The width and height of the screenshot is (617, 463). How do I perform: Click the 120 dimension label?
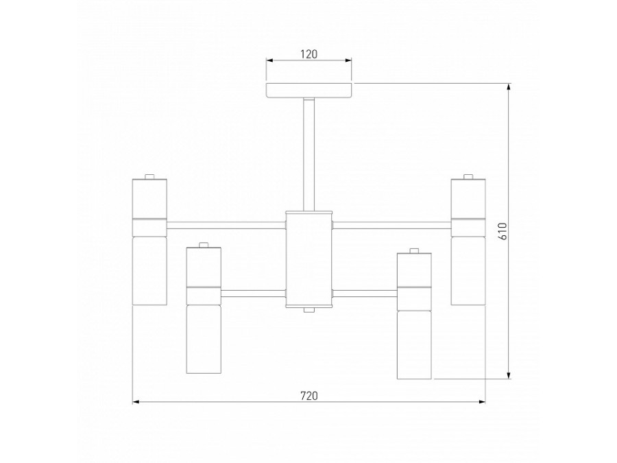click(x=309, y=54)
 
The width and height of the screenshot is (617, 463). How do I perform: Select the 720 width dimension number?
click(x=309, y=396)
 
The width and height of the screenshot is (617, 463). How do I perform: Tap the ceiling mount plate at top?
click(x=309, y=91)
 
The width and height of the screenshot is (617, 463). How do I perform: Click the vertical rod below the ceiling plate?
click(x=309, y=154)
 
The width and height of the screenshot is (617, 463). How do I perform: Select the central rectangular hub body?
click(x=309, y=259)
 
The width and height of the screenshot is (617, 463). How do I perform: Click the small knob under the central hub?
click(x=309, y=309)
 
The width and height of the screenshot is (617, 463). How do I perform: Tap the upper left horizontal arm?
click(x=226, y=226)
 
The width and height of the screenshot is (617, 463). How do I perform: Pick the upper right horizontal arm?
click(x=392, y=226)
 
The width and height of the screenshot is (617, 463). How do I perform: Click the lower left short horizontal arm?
click(x=253, y=294)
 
